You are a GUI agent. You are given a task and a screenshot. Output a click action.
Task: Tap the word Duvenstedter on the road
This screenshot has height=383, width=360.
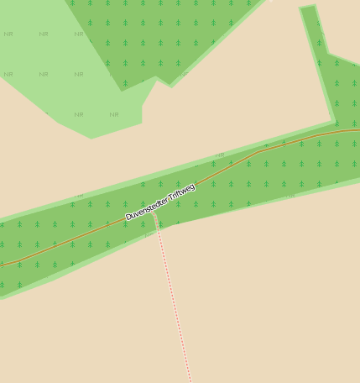146,207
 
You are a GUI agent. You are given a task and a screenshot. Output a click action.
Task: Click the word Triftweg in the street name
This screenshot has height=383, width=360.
181,191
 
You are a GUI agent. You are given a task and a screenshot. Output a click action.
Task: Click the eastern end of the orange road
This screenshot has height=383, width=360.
358,130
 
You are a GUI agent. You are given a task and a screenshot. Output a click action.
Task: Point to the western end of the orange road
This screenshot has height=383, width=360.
1,265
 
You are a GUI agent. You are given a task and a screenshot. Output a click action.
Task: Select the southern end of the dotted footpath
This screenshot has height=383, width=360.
190,381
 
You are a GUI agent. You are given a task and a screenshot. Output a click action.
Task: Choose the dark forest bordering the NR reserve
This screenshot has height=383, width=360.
168,34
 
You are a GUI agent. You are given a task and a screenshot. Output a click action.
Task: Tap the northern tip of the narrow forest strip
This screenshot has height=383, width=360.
308,8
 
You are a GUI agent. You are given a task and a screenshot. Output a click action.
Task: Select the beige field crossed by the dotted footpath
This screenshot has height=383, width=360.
252,294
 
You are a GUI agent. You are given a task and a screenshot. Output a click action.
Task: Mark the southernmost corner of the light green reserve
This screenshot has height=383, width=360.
91,138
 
